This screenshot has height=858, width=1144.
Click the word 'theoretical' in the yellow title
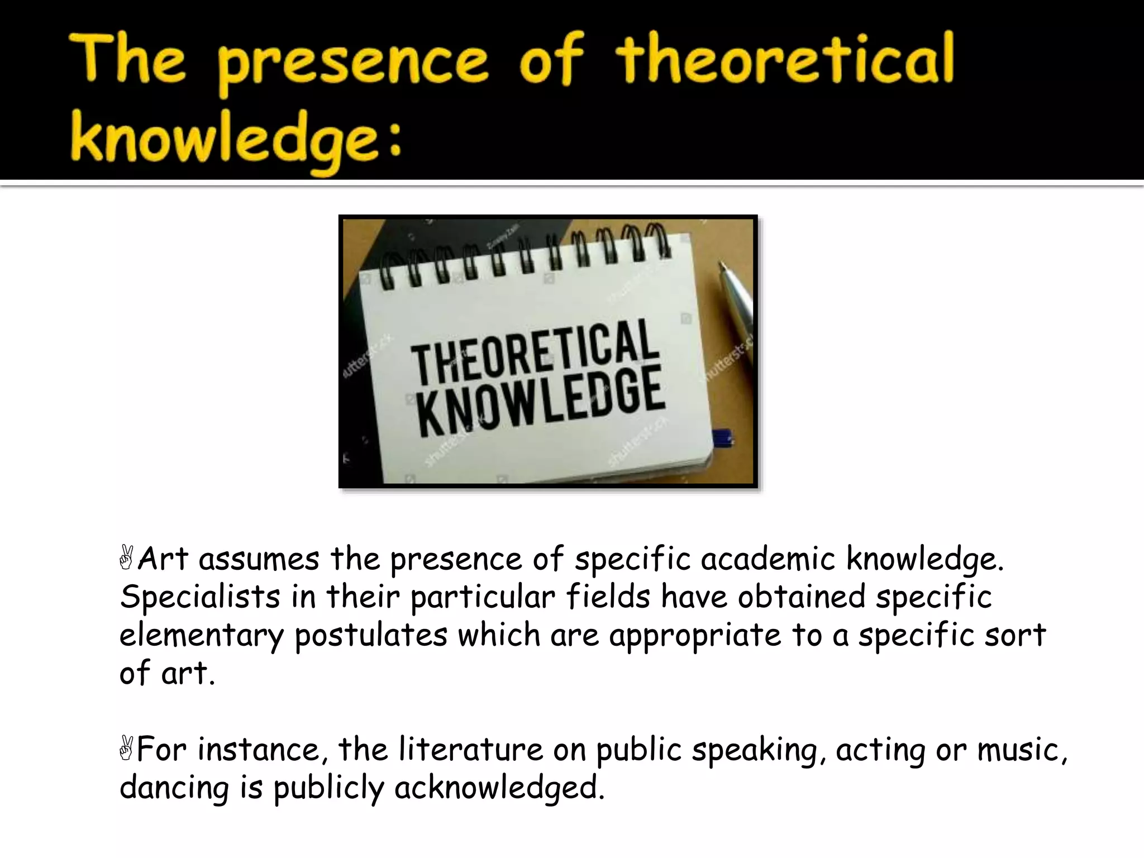point(785,60)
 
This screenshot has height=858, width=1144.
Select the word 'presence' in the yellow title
point(353,63)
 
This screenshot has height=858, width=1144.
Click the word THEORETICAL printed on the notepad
point(533,351)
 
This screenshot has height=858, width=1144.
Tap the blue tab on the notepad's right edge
point(724,437)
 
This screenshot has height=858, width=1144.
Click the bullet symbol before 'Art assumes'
point(127,559)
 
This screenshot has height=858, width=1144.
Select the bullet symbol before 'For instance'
point(127,749)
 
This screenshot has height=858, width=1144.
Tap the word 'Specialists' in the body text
point(200,597)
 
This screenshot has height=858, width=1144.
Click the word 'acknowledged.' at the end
point(499,788)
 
